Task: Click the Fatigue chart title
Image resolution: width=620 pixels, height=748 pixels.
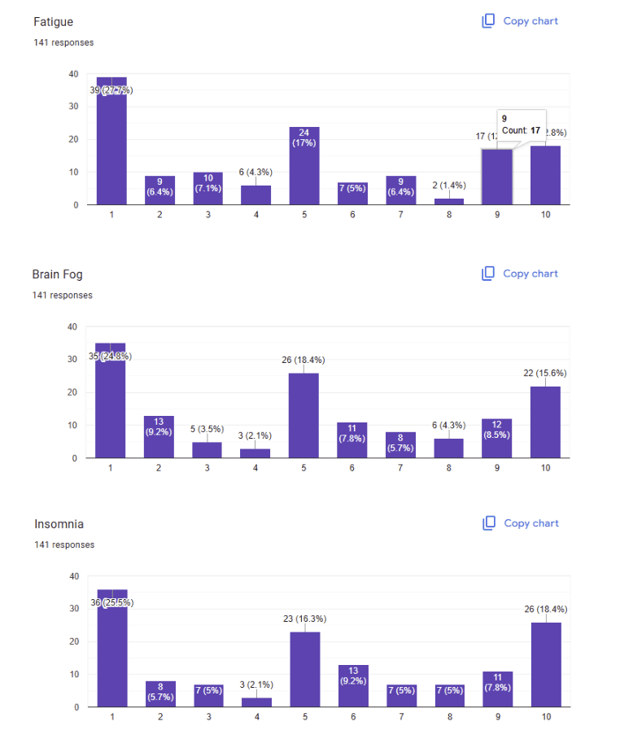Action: click(53, 22)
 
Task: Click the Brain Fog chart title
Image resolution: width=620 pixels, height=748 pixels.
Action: click(57, 274)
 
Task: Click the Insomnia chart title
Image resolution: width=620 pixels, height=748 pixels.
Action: click(59, 524)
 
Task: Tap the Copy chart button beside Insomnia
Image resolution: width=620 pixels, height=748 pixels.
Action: click(521, 523)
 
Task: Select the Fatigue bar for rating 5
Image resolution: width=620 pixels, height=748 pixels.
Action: click(303, 167)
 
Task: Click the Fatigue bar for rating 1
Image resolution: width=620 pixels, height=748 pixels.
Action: click(111, 142)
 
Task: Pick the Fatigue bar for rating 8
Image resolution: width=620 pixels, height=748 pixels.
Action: click(448, 201)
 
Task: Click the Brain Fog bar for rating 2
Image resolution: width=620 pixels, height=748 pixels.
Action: click(159, 437)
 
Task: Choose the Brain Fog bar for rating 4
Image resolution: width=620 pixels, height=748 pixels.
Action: click(255, 453)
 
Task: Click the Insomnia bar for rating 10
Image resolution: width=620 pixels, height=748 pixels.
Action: click(545, 664)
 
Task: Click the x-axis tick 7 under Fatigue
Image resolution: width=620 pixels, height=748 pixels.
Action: click(400, 215)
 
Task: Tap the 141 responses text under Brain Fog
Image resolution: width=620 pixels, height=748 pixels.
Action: click(62, 295)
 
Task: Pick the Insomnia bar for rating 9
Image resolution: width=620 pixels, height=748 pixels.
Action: click(496, 689)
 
